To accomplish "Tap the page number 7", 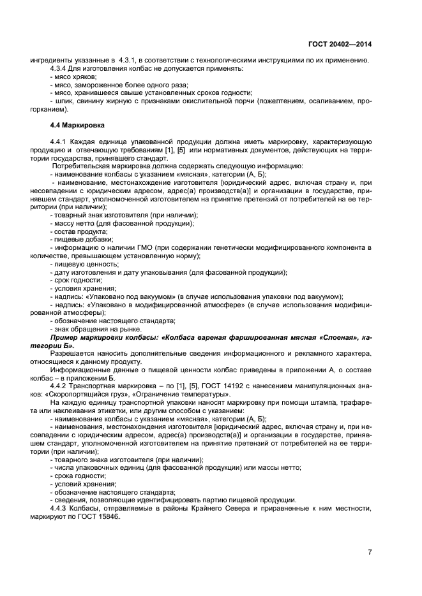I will (x=370, y=552).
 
